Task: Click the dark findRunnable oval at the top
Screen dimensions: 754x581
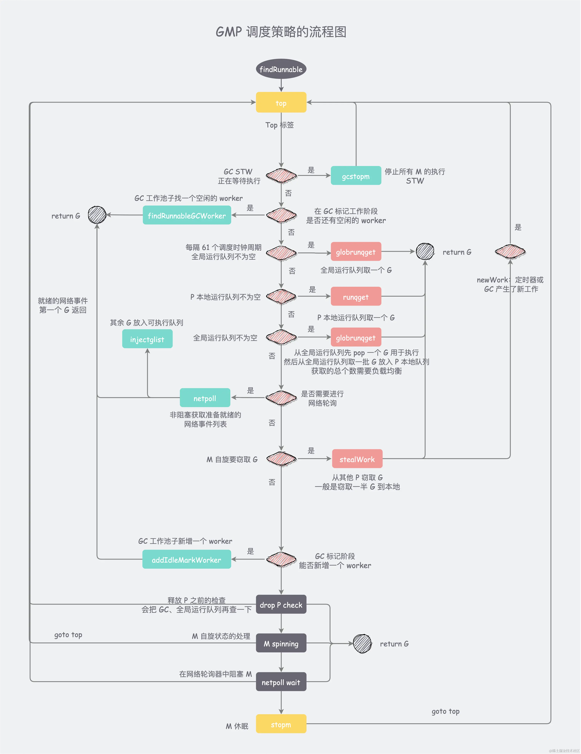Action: [281, 69]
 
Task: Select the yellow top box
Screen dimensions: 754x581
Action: [281, 103]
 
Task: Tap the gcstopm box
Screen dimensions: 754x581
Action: [356, 176]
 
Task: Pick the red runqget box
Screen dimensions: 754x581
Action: [356, 296]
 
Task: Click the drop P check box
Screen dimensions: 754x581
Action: [281, 605]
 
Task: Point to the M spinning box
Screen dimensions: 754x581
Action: [281, 643]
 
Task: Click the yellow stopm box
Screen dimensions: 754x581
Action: [281, 724]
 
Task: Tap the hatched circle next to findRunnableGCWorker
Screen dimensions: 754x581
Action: [97, 215]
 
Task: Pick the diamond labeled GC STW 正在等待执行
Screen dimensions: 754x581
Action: [281, 176]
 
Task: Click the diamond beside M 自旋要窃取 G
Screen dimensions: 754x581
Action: [281, 459]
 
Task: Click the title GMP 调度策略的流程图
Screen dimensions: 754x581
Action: [281, 32]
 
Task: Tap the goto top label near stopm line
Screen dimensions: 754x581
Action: [445, 711]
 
